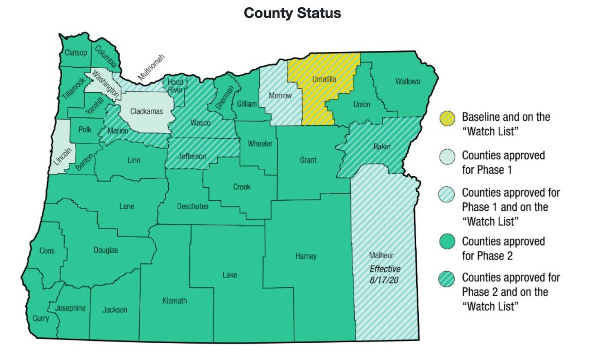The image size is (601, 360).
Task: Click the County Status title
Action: pyautogui.click(x=292, y=13)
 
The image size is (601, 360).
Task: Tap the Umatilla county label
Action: pyautogui.click(x=324, y=80)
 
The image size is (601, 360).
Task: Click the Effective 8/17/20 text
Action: pyautogui.click(x=385, y=273)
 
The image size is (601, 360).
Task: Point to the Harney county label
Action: pyautogui.click(x=306, y=256)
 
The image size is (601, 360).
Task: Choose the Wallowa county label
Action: pyautogui.click(x=408, y=82)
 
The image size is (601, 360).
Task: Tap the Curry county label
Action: pyautogui.click(x=40, y=318)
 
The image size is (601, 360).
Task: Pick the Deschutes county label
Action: pyautogui.click(x=192, y=206)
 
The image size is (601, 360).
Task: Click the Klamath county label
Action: pyautogui.click(x=174, y=301)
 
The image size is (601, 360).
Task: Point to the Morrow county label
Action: pyautogui.click(x=280, y=96)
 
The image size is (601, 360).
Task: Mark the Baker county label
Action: pyautogui.click(x=381, y=147)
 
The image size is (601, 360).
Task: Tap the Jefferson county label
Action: pyautogui.click(x=192, y=157)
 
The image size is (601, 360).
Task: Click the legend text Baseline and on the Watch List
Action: pyautogui.click(x=506, y=124)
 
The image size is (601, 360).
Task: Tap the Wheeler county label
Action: pyautogui.click(x=260, y=144)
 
